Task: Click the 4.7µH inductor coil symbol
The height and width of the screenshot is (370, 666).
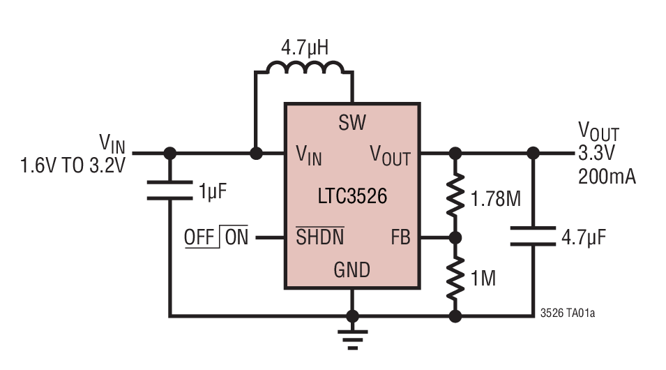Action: [304, 68]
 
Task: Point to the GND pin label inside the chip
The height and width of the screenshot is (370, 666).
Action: [352, 269]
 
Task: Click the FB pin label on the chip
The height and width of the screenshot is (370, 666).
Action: [400, 237]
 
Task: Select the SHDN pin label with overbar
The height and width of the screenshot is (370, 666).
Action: [320, 237]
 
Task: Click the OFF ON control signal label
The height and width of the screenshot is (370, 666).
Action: [215, 237]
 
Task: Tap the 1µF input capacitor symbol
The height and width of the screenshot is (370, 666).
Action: [169, 189]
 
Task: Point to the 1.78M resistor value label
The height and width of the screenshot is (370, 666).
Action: [495, 199]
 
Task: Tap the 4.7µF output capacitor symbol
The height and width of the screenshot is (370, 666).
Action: [533, 236]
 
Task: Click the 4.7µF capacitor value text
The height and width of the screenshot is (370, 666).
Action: [584, 237]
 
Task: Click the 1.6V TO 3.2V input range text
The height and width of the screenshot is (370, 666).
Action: [73, 166]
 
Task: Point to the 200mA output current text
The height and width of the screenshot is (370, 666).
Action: [607, 177]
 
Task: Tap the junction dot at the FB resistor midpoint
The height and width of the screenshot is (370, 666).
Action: [455, 238]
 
